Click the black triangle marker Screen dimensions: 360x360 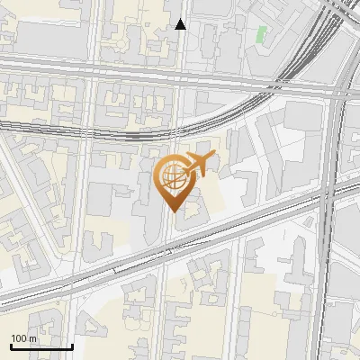pyautogui.click(x=181, y=24)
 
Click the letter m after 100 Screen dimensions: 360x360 pyautogui.click(x=34, y=338)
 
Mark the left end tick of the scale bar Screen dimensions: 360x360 pyautogui.click(x=11, y=346)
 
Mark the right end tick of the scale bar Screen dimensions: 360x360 pyautogui.click(x=72, y=346)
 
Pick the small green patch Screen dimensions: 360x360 pyautogui.click(x=262, y=35)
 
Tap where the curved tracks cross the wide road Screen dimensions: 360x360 pyautogui.click(x=270, y=87)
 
